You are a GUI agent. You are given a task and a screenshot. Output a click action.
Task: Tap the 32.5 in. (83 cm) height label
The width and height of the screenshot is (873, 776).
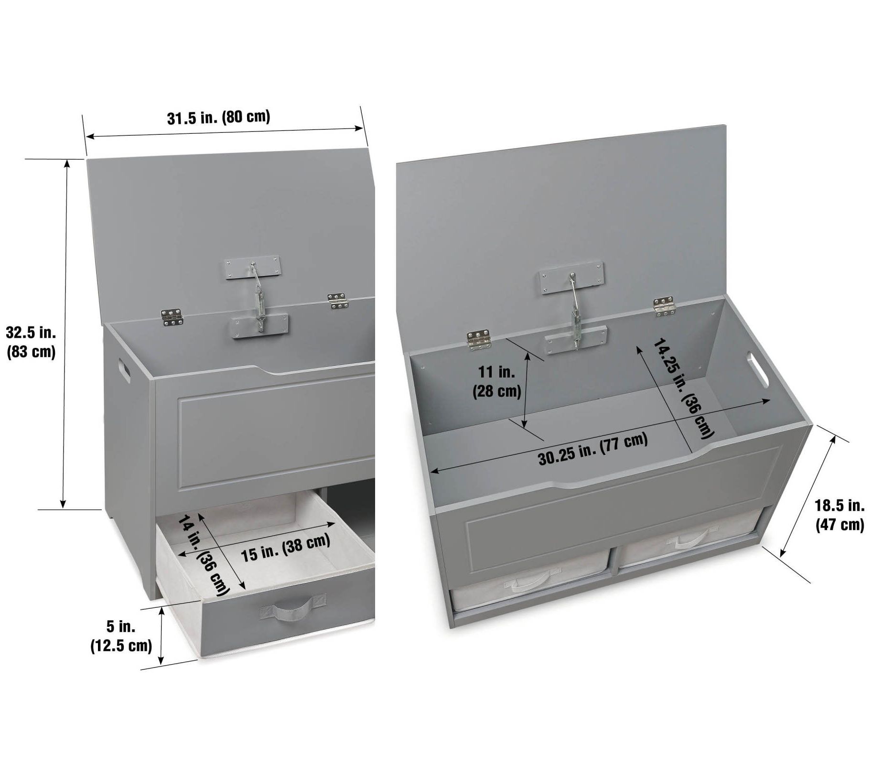(x=31, y=342)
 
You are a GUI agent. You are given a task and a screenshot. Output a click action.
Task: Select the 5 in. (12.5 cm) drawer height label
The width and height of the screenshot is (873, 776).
(x=121, y=635)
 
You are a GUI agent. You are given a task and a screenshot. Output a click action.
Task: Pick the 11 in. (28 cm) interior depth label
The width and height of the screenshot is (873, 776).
(x=496, y=381)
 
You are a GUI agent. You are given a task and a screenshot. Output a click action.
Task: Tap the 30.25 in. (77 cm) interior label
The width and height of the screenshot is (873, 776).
(x=593, y=449)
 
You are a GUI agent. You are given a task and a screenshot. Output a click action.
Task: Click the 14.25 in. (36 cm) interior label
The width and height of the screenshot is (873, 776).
(x=683, y=388)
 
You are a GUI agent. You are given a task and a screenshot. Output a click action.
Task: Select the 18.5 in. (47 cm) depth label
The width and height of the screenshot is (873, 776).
(x=840, y=515)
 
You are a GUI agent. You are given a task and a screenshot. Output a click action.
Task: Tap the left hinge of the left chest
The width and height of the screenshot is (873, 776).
(x=171, y=315)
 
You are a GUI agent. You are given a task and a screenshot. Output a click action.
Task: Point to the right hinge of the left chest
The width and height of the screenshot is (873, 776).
(x=339, y=301)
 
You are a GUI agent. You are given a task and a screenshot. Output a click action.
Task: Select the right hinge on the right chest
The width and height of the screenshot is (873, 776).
(x=665, y=306)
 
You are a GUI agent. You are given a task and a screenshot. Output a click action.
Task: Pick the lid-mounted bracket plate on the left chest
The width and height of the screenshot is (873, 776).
(x=252, y=267)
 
